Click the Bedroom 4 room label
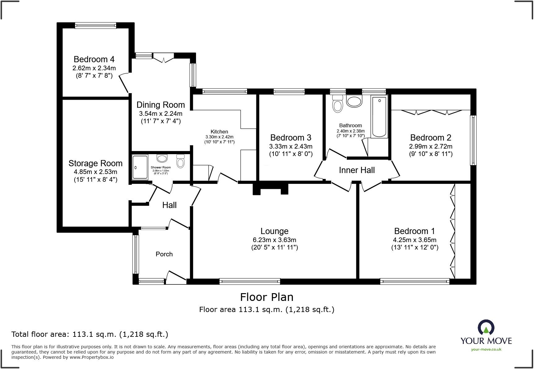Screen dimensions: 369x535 tap(94, 59)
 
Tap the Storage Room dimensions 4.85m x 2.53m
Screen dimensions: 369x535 tap(95, 172)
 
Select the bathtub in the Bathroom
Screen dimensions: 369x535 tap(379, 117)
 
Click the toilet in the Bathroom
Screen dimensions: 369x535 tap(337, 103)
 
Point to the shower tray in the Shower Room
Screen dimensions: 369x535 tap(140, 167)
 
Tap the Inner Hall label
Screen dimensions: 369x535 tap(357, 170)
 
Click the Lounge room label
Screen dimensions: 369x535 tap(274, 231)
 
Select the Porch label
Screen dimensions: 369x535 tap(164, 254)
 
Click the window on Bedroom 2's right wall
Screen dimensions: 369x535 tap(473, 140)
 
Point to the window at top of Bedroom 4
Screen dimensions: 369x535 tap(95, 25)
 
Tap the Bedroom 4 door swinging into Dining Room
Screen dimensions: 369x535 tap(124, 83)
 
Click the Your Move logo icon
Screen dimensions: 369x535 tap(486, 328)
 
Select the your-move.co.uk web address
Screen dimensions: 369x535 tap(486, 349)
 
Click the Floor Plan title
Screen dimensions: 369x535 tap(267, 297)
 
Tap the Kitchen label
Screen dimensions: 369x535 tap(219, 132)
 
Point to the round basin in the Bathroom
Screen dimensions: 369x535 tap(354, 101)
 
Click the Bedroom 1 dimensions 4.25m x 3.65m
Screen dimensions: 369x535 tap(415, 240)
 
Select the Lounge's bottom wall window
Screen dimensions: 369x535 tap(250, 281)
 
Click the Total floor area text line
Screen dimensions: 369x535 tap(90, 334)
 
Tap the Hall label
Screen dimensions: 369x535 tap(169, 205)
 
